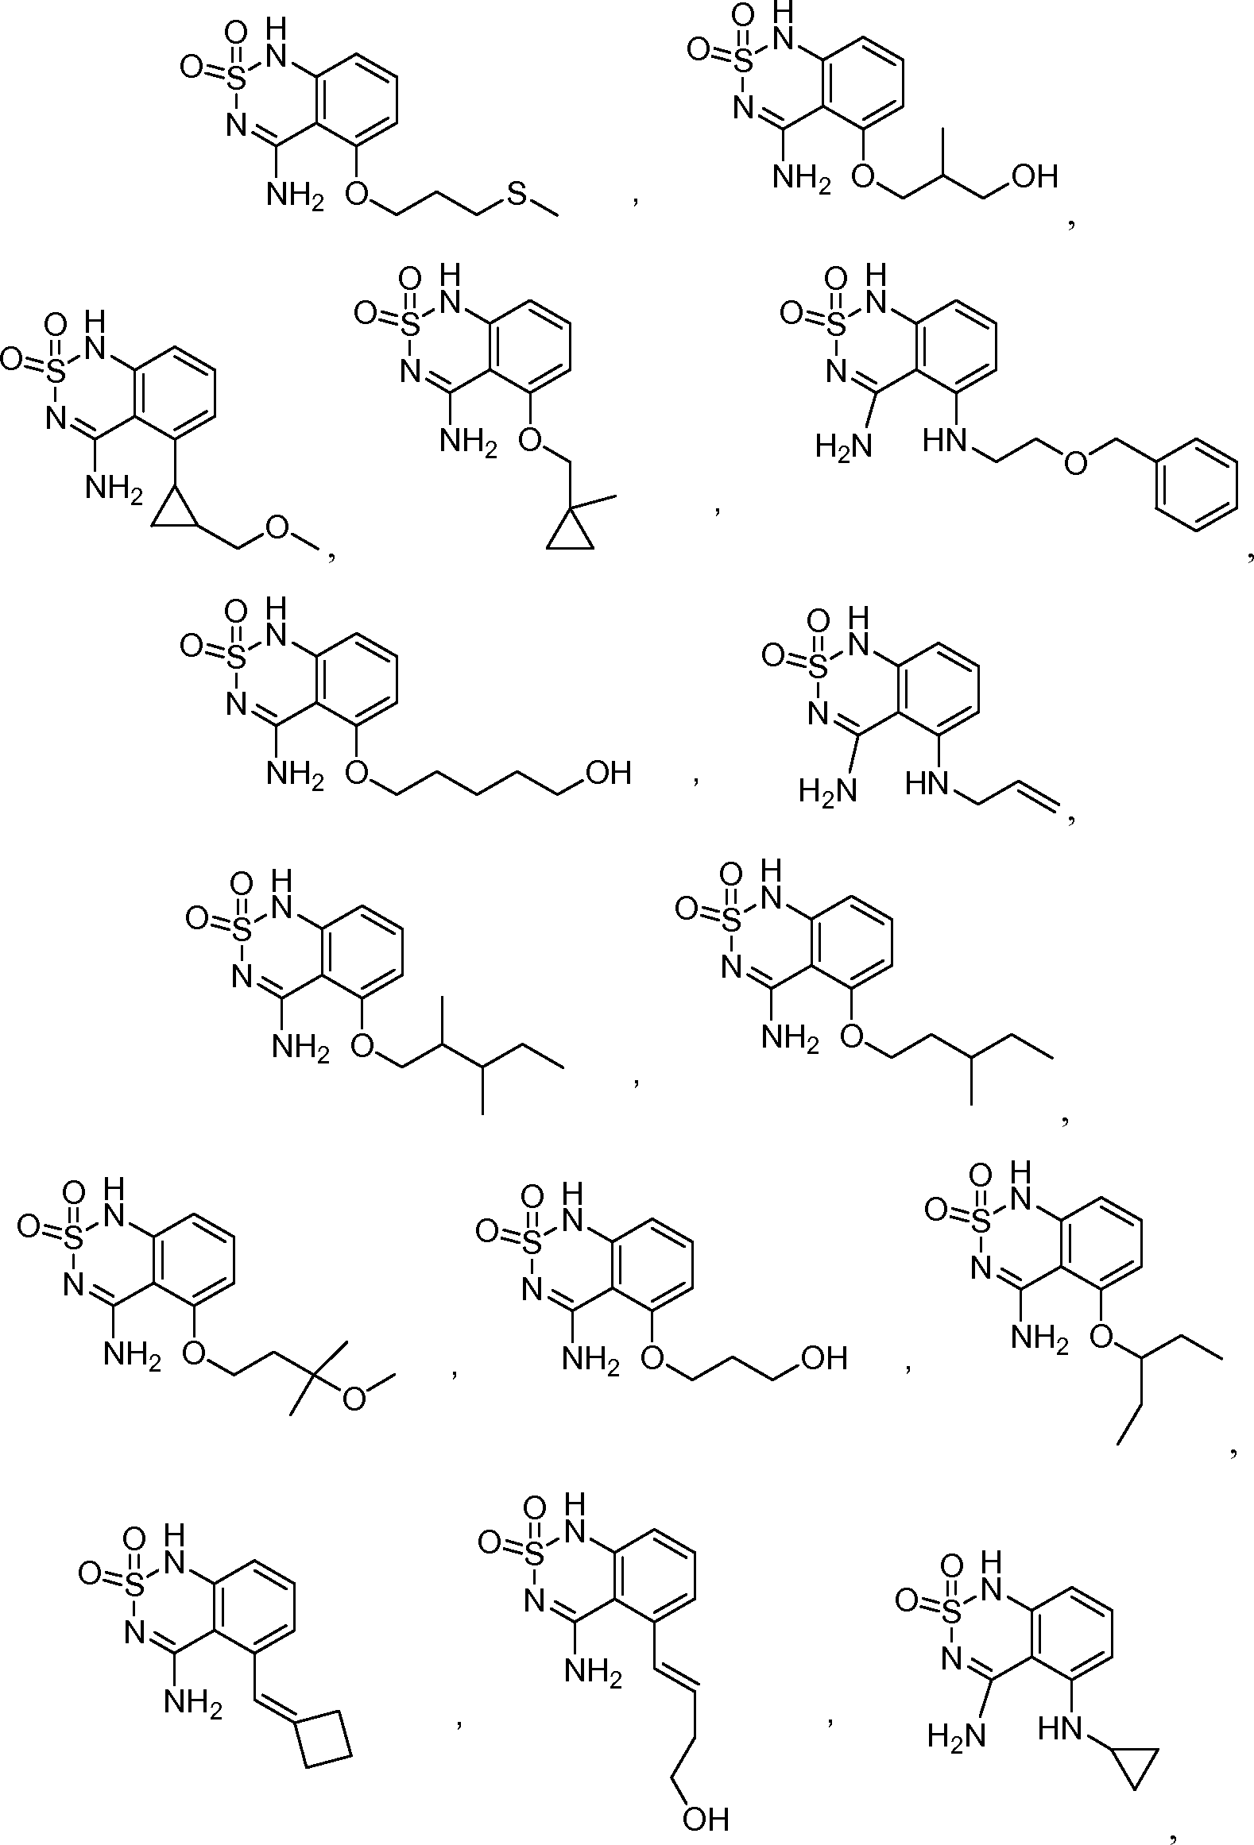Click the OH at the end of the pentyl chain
(607, 771)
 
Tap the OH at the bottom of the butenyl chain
(705, 1817)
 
